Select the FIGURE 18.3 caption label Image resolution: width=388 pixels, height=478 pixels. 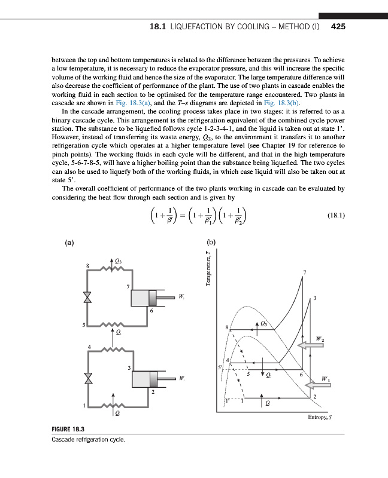pyautogui.click(x=69, y=430)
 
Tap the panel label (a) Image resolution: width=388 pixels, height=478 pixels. pyautogui.click(x=70, y=244)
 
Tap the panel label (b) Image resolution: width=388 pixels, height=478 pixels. pyautogui.click(x=211, y=244)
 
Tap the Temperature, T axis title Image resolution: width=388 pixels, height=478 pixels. pyautogui.click(x=208, y=268)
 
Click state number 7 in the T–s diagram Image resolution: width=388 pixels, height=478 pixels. pyautogui.click(x=305, y=272)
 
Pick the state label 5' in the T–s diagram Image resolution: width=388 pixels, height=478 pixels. pyautogui.click(x=220, y=367)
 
